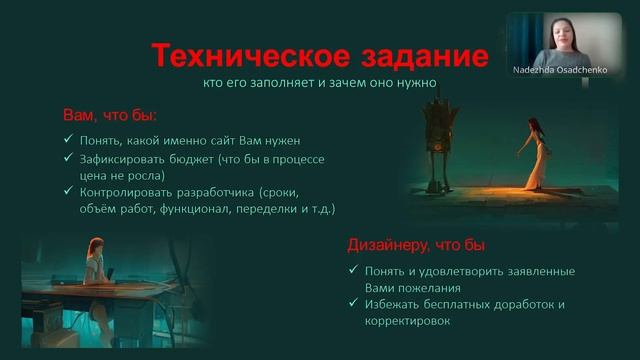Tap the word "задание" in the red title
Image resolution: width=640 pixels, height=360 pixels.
click(x=414, y=54)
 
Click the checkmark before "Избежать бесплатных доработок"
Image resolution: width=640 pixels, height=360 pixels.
click(x=354, y=304)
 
